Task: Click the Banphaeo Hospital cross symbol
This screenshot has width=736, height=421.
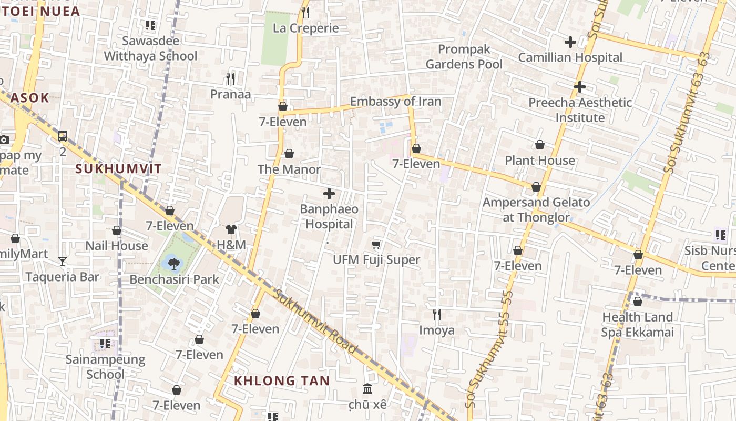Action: [x=329, y=194]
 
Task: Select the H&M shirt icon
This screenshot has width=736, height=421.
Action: [x=231, y=229]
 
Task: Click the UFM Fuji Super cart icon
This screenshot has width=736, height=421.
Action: [x=376, y=244]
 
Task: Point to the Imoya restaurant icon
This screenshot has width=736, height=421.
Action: [x=437, y=315]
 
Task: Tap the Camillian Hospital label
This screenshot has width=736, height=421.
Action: [x=570, y=57]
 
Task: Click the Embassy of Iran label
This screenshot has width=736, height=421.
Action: [x=395, y=102]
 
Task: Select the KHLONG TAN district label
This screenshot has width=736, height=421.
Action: [x=282, y=380]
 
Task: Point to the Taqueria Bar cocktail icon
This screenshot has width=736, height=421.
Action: [x=63, y=261]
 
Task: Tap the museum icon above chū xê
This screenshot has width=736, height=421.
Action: [x=367, y=389]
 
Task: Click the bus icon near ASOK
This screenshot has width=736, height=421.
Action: [x=63, y=136]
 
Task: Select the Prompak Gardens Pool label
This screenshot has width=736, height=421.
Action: [x=464, y=57]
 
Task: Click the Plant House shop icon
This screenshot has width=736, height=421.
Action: [x=540, y=145]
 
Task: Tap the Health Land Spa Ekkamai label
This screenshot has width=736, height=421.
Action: [x=637, y=325]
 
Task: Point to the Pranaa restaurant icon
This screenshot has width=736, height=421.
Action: [x=230, y=79]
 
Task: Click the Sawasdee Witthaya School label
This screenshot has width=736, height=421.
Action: [x=150, y=48]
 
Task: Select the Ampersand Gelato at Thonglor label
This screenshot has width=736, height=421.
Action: [x=536, y=209]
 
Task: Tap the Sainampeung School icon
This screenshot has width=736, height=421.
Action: [x=105, y=344]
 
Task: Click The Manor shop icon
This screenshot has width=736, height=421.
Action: [x=289, y=154]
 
